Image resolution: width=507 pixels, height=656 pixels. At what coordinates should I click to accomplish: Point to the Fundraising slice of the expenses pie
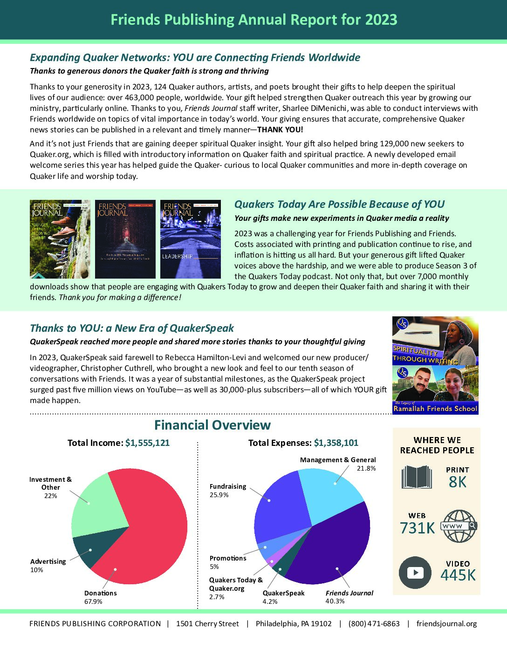(280, 508)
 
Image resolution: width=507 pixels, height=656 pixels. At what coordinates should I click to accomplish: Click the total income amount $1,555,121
(147, 443)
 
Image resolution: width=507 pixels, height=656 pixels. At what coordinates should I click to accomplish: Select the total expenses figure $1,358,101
(336, 443)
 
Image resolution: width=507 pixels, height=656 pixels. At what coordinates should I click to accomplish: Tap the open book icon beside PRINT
(417, 477)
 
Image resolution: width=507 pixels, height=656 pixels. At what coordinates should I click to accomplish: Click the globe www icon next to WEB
(459, 526)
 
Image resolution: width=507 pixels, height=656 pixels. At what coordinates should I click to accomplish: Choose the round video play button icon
(415, 573)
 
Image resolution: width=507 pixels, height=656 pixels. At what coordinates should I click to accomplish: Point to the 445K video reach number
(458, 575)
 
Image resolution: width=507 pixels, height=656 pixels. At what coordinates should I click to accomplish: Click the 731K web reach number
(417, 528)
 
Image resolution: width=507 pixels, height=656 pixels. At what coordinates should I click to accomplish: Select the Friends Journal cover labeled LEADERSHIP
(190, 239)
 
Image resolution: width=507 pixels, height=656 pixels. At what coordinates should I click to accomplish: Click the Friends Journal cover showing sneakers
(60, 239)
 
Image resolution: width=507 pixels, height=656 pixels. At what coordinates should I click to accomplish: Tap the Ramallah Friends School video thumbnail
(435, 390)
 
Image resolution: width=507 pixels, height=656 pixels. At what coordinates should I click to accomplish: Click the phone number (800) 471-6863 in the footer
(374, 624)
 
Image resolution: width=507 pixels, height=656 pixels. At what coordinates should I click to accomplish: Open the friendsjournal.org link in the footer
(446, 624)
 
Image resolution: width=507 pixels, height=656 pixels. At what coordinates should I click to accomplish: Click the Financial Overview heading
(212, 425)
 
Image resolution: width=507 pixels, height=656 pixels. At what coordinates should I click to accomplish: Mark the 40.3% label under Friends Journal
(335, 601)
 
